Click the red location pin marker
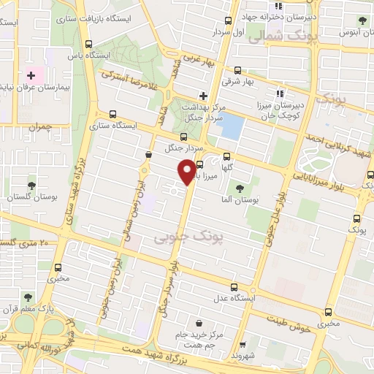pyautogui.click(x=187, y=172)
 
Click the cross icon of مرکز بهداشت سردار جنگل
pyautogui.click(x=204, y=96)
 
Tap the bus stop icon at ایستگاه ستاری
pyautogui.click(x=112, y=114)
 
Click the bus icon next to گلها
pyautogui.click(x=226, y=155)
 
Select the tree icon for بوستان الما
pyautogui.click(x=240, y=189)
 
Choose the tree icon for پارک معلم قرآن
pyautogui.click(x=28, y=298)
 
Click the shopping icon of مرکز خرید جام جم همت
pyautogui.click(x=197, y=322)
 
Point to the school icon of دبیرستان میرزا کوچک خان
pyautogui.click(x=278, y=93)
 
